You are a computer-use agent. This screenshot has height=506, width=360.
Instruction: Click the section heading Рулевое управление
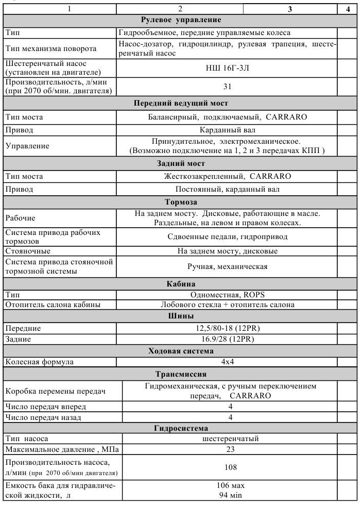(181, 20)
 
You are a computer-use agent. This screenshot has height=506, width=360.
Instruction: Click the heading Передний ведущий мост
(181, 103)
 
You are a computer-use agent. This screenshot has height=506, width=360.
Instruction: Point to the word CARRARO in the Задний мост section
(270, 176)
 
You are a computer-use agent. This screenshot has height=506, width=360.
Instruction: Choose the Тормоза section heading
(181, 202)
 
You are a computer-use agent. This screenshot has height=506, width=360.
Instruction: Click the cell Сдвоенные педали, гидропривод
(227, 237)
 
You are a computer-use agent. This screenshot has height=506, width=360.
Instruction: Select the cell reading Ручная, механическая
(227, 266)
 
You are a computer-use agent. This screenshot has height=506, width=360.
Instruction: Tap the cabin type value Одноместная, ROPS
(227, 295)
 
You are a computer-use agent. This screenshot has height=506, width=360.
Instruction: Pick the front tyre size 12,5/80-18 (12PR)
(227, 328)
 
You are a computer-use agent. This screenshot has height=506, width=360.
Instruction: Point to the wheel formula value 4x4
(227, 362)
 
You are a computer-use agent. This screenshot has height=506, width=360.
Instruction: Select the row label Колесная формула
(40, 362)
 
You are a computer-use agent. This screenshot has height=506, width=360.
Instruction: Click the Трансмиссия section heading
(181, 374)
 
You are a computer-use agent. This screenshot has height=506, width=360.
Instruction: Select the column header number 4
(348, 9)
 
